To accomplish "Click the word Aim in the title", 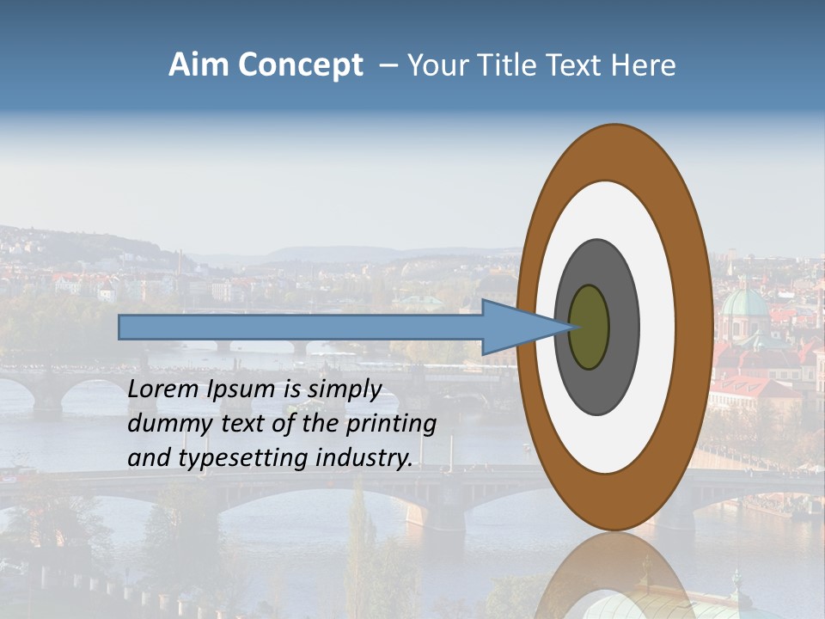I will pyautogui.click(x=199, y=65).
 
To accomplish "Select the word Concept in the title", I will pyautogui.click(x=300, y=65).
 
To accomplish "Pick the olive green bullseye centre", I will pyautogui.click(x=589, y=328).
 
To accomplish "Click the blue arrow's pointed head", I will pyautogui.click(x=524, y=328).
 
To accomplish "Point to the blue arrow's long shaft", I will pyautogui.click(x=301, y=328).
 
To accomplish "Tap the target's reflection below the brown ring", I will pyautogui.click(x=615, y=576).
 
